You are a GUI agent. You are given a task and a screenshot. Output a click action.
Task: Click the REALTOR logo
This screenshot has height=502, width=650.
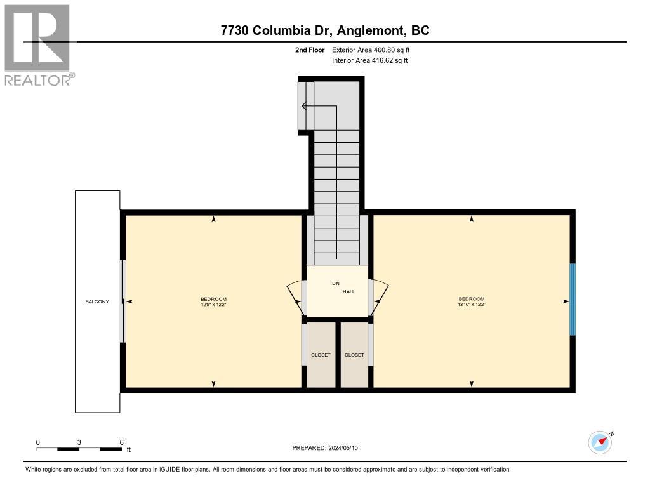38,44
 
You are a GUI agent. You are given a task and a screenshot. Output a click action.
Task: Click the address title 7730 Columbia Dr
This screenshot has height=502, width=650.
324,30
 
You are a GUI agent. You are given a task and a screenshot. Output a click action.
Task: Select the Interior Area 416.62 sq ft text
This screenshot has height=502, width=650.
370,61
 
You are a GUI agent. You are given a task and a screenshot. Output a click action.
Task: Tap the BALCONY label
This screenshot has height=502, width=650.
97,301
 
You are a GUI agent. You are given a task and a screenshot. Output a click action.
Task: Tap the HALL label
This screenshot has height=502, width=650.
348,292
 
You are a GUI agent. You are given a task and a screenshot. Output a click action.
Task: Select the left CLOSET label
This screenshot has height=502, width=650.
321,355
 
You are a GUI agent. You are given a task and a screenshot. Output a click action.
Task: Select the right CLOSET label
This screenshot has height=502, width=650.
354,355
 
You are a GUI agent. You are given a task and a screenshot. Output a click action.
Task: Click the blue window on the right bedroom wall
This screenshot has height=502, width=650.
572,300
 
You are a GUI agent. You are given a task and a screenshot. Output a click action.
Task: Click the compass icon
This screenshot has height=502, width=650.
600,442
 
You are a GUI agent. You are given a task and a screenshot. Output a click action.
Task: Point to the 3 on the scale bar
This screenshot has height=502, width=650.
79,442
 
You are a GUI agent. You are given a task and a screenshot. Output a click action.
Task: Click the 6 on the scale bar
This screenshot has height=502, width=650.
121,442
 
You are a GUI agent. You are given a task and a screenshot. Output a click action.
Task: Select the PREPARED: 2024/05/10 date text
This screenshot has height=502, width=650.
329,448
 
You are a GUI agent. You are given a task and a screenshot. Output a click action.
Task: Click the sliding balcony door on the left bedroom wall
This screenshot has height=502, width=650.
123,301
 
